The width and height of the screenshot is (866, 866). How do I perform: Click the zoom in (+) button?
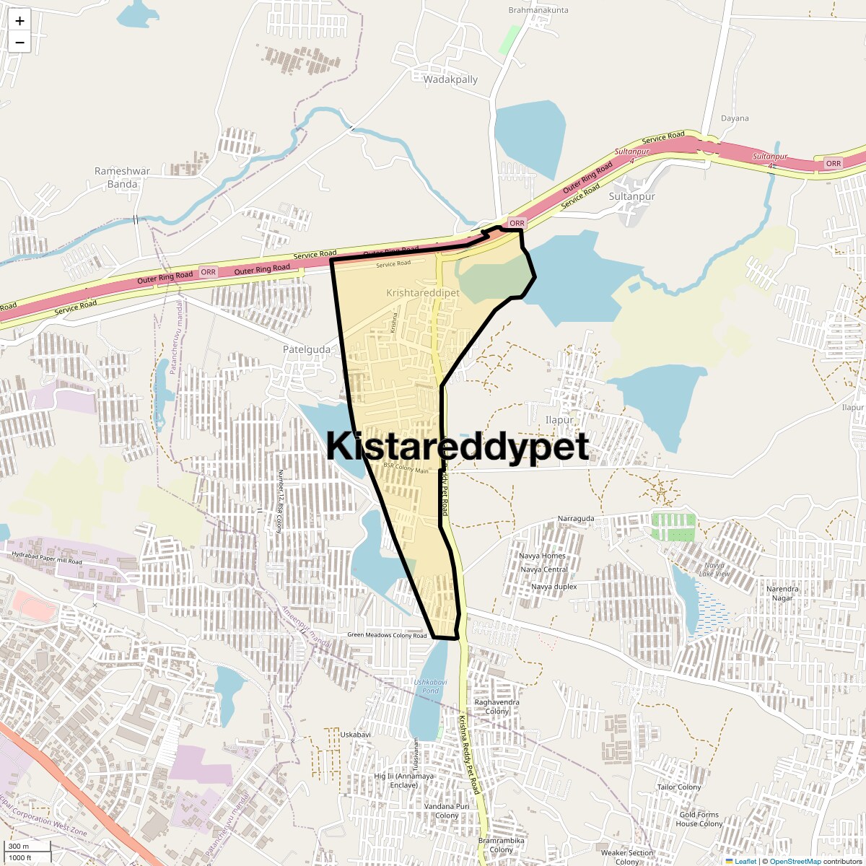(19, 21)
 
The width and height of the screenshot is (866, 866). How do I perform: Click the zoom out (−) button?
(19, 42)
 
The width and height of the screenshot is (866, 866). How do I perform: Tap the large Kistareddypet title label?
(458, 447)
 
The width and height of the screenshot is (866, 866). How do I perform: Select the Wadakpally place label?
(450, 79)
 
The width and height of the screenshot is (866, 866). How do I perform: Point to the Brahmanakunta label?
(538, 10)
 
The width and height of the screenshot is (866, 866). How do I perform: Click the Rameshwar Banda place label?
(123, 178)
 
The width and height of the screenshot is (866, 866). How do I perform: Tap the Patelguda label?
(307, 349)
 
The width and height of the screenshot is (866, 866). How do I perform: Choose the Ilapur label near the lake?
(559, 420)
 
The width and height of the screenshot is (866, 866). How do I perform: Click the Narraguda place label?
(576, 519)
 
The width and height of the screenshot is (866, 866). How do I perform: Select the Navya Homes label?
(543, 556)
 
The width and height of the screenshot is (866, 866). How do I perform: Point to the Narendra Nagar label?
(782, 593)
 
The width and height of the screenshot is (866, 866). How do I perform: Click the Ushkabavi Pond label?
(426, 686)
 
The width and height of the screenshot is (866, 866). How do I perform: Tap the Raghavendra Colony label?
(497, 707)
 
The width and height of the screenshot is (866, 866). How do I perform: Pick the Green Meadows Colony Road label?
(387, 636)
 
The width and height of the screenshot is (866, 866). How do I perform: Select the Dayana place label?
(735, 118)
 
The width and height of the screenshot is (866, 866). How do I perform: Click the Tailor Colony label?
(678, 787)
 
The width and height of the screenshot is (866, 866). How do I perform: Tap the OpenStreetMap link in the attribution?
(795, 862)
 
